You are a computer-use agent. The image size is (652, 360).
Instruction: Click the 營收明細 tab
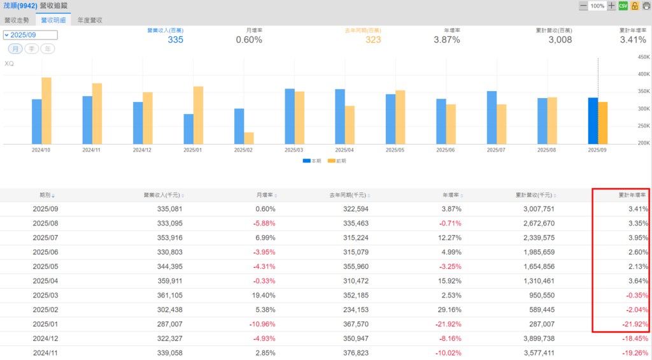[53, 20]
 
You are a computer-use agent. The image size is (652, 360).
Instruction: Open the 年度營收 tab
[90, 20]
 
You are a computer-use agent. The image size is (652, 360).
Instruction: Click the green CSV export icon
[623, 6]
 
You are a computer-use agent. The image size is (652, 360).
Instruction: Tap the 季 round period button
[31, 49]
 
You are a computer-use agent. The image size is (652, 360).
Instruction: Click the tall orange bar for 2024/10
[46, 110]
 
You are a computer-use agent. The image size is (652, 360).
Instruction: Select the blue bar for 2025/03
[290, 116]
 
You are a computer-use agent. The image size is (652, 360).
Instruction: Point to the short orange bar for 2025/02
[249, 138]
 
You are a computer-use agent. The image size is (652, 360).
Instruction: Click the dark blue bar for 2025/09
[593, 120]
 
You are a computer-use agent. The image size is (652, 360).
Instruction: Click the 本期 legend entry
[312, 161]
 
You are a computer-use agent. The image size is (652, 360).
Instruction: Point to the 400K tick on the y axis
[642, 75]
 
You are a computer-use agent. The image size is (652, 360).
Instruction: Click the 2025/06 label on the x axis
[446, 150]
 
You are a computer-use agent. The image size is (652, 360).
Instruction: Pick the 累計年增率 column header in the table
[633, 195]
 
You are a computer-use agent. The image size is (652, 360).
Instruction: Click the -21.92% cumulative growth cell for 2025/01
[635, 324]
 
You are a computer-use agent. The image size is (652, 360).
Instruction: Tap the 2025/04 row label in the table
[45, 280]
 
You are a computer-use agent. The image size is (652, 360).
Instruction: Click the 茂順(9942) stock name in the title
[19, 6]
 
